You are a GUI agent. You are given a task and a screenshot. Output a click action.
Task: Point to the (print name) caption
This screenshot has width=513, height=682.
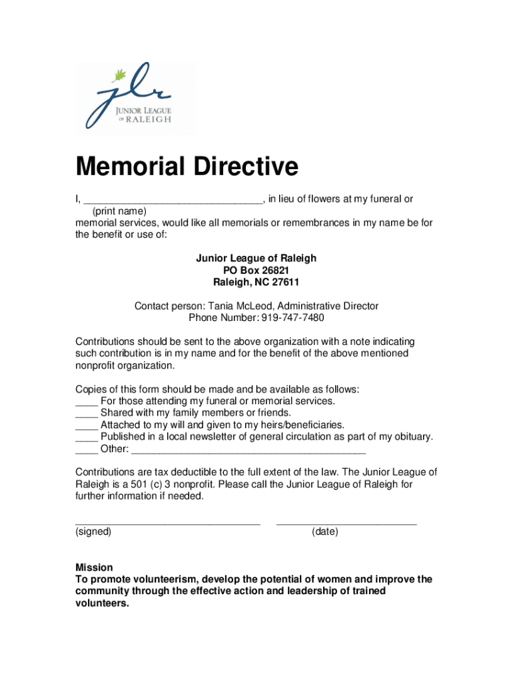coord(119,211)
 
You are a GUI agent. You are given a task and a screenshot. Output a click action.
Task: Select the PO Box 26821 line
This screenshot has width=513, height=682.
coord(256,270)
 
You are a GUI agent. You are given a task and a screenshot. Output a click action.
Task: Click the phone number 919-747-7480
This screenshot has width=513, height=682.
coord(293,318)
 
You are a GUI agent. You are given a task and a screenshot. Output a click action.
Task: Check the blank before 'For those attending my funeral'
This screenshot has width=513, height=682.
coord(86,402)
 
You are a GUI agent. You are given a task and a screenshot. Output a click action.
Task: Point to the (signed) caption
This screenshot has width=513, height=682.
coord(93,532)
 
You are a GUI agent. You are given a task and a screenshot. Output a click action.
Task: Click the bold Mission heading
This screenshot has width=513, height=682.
coord(94,567)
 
